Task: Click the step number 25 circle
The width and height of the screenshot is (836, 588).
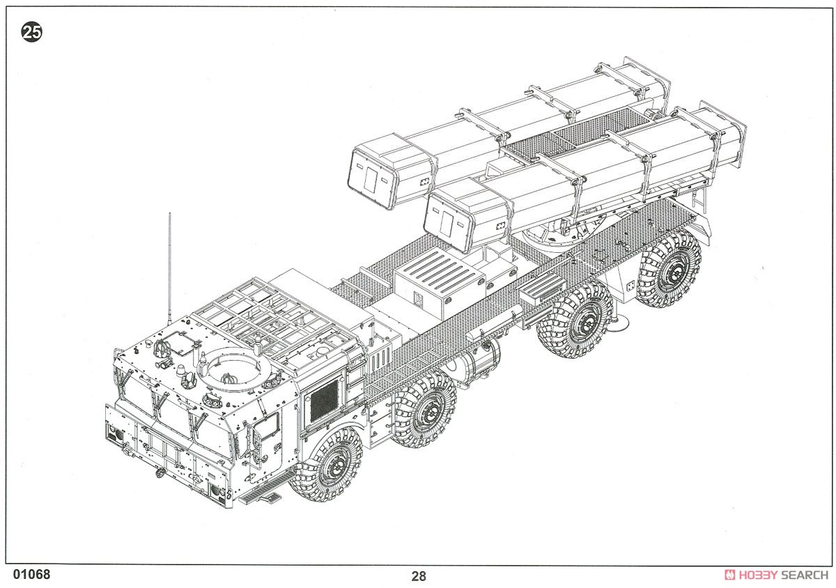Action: (32, 32)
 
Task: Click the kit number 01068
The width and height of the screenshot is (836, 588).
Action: (31, 574)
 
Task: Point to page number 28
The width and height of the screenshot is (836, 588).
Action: (419, 576)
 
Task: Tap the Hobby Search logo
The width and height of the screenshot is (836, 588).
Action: (776, 575)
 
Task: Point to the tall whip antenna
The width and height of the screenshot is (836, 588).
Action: (169, 269)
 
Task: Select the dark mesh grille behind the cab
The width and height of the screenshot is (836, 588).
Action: (323, 401)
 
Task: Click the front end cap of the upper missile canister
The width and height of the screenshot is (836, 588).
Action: (373, 178)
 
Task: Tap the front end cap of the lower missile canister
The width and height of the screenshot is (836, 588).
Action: (448, 222)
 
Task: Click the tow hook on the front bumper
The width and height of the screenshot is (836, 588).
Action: (160, 472)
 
